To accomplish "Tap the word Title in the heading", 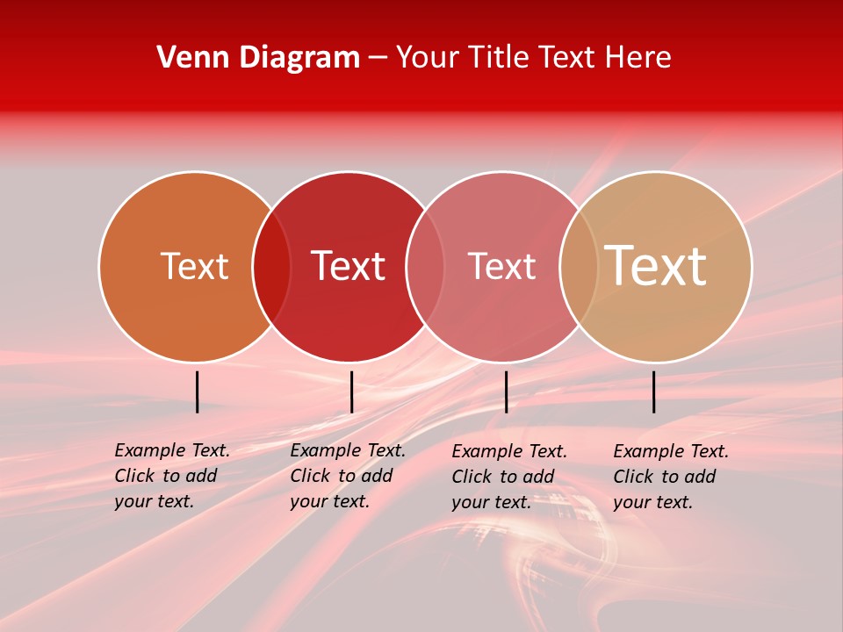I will click(x=499, y=58).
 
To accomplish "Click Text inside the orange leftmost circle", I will click(x=194, y=266).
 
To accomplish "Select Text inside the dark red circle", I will click(x=348, y=266).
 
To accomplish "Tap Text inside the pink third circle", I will click(x=501, y=266).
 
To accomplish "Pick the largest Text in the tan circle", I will click(x=656, y=265).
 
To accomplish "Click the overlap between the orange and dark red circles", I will click(x=271, y=266).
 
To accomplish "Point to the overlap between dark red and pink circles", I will click(x=425, y=266).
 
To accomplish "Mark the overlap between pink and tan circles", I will click(x=579, y=266).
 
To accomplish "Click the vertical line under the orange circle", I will click(x=198, y=391).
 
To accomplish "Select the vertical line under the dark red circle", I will click(x=351, y=391).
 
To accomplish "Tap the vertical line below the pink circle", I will click(x=506, y=391).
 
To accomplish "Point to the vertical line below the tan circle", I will click(x=654, y=391).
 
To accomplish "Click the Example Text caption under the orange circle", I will click(x=171, y=476).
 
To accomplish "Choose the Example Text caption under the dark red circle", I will click(x=347, y=476).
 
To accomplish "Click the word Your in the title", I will click(x=428, y=58).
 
